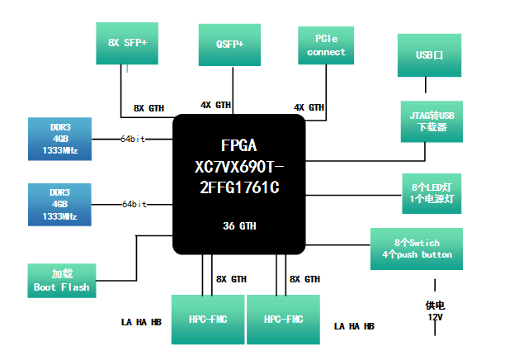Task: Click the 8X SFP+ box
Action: click(128, 43)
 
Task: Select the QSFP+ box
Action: click(230, 45)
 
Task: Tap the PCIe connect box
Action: click(326, 45)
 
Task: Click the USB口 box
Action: click(430, 54)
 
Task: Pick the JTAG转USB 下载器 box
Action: click(430, 121)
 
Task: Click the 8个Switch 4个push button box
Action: click(417, 249)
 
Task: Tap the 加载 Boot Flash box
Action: click(62, 281)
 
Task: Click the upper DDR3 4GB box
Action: click(59, 139)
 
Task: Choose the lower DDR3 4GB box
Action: click(59, 204)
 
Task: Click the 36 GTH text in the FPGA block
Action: click(238, 225)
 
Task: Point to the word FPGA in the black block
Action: click(238, 142)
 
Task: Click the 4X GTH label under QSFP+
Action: click(216, 105)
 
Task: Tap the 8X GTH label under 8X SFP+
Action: click(150, 108)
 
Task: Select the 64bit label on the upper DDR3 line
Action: click(132, 139)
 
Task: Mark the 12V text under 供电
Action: click(433, 318)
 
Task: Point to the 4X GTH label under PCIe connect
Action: click(309, 107)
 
